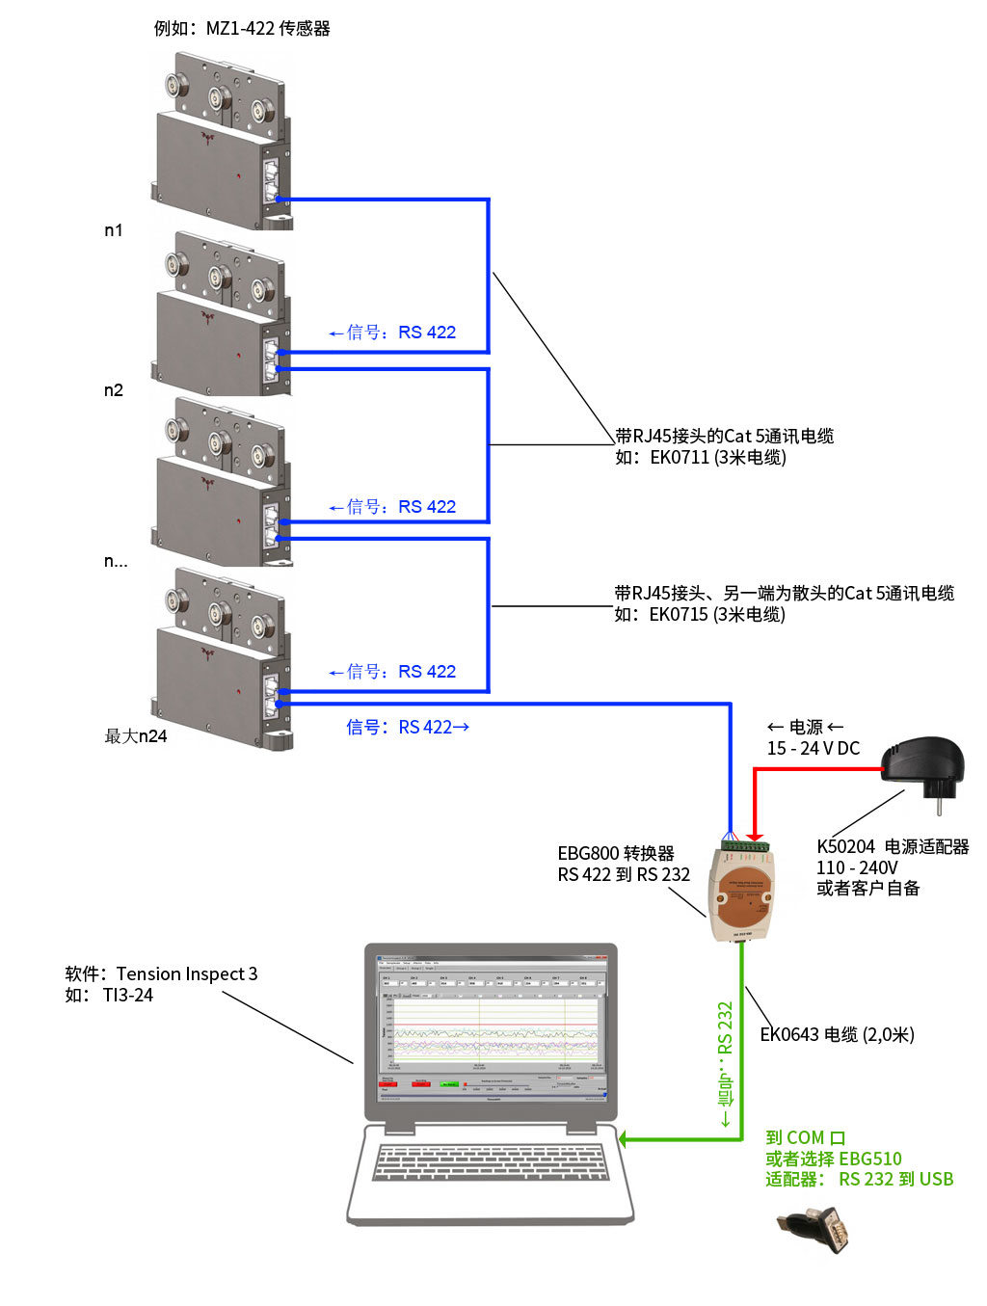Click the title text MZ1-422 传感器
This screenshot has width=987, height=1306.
tap(242, 29)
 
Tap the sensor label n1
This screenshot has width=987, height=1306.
tap(114, 230)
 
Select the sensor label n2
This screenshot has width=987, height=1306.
tap(114, 390)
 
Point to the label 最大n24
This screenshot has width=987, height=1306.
tap(135, 736)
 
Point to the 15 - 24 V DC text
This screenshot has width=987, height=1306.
tap(813, 749)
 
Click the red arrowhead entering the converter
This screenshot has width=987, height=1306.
tap(755, 836)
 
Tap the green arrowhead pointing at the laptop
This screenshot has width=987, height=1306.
tap(625, 1139)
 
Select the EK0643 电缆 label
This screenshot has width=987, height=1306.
tap(837, 1035)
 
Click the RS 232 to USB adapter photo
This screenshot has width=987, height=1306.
tap(814, 1231)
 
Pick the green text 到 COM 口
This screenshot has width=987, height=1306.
tap(805, 1138)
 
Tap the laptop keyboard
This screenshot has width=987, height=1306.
tap(490, 1162)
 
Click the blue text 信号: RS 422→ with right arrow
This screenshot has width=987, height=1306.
tap(408, 728)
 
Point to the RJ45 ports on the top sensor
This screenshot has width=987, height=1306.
tap(273, 179)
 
